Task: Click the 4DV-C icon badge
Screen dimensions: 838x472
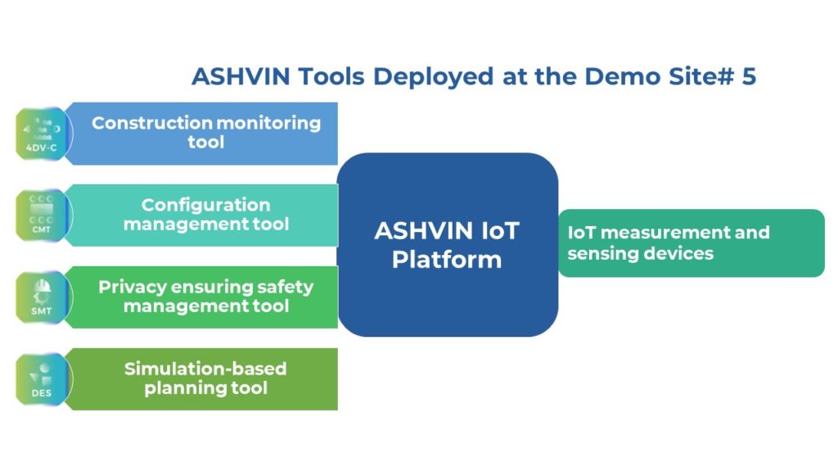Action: pyautogui.click(x=43, y=134)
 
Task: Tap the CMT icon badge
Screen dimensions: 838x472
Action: pyautogui.click(x=43, y=216)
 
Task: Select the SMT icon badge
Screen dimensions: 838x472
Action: pyautogui.click(x=43, y=297)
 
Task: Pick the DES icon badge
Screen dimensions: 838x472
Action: pyautogui.click(x=43, y=379)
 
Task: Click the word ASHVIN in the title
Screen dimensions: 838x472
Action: pyautogui.click(x=241, y=76)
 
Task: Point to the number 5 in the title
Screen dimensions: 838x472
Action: pyautogui.click(x=749, y=76)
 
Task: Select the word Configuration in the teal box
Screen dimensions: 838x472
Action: pyautogui.click(x=205, y=206)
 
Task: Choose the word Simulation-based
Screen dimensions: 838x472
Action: pyautogui.click(x=205, y=369)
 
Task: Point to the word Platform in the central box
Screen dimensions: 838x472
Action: pyautogui.click(x=447, y=260)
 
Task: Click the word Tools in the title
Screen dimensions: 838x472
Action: pyautogui.click(x=331, y=76)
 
